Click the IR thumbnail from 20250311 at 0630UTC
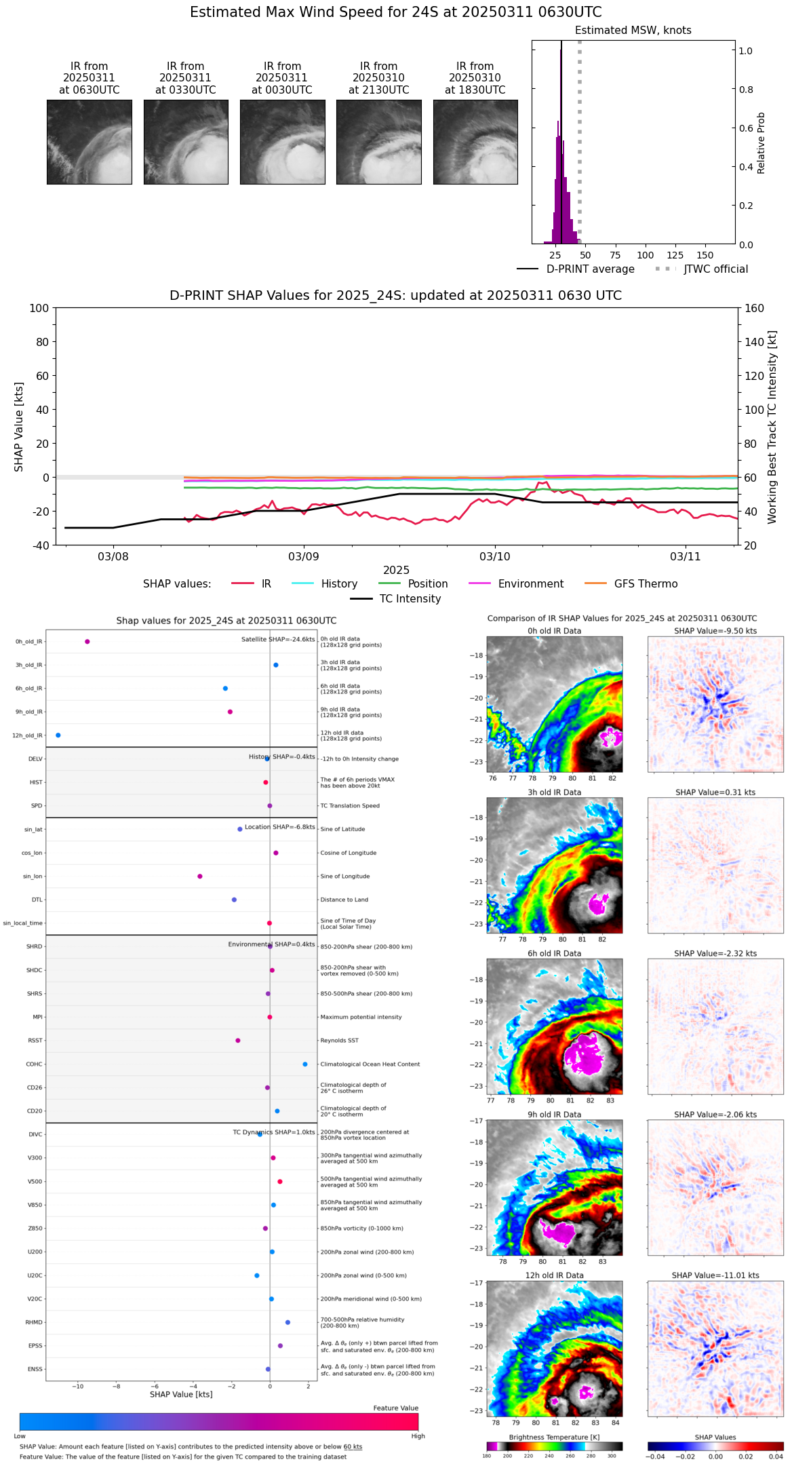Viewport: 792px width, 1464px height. [x=89, y=142]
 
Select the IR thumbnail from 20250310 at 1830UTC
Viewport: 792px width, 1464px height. [x=475, y=142]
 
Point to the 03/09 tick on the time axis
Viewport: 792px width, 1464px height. [x=304, y=556]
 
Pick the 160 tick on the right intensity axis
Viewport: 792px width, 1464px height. [x=754, y=308]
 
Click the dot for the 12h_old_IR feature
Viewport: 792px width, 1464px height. [x=58, y=735]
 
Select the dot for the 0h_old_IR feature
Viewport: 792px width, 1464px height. [x=87, y=641]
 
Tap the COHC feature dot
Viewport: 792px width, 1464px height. [x=305, y=1064]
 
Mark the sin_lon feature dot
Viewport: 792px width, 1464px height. [x=200, y=876]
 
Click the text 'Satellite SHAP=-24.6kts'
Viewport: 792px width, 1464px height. [x=278, y=639]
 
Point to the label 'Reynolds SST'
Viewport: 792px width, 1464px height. [x=339, y=1040]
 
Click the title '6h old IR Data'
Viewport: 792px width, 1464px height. [x=554, y=953]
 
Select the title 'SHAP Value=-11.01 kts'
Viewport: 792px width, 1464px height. [x=715, y=1275]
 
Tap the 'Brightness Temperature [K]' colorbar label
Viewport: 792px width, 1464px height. [x=554, y=1437]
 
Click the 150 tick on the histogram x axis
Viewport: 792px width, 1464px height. [x=705, y=255]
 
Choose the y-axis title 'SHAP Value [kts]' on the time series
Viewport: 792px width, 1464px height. [x=19, y=426]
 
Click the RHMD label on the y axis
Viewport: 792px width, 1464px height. [x=34, y=1322]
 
